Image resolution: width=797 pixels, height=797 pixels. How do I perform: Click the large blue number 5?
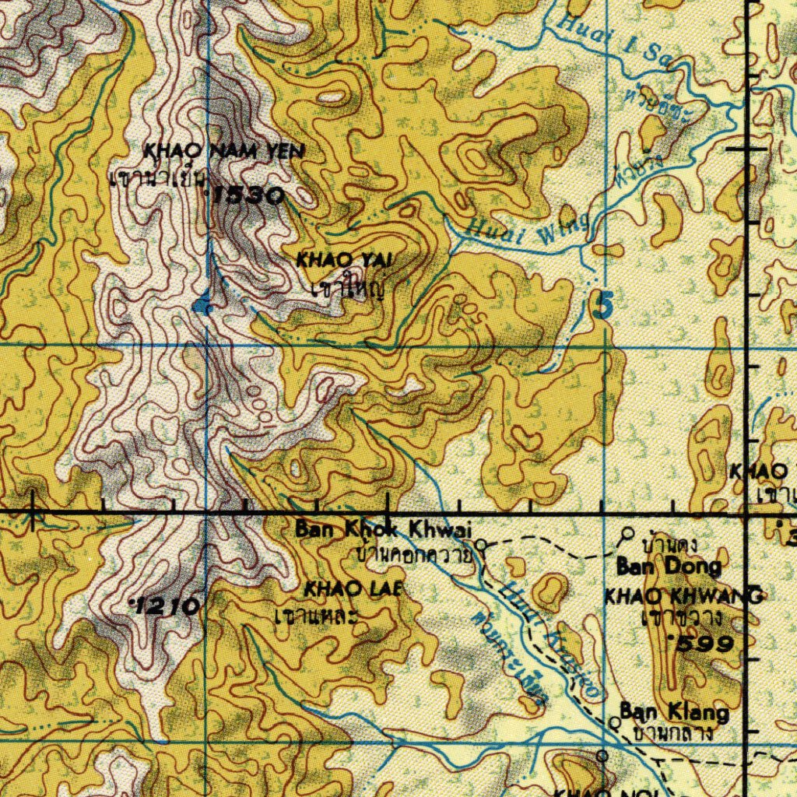(x=601, y=304)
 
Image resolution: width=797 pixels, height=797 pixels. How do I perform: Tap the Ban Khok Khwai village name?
(x=383, y=530)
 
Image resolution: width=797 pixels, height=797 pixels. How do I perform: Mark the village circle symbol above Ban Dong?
(x=628, y=533)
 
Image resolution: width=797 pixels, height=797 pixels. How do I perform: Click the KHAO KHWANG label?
(x=683, y=596)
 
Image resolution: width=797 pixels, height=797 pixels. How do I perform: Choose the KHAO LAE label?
(x=353, y=589)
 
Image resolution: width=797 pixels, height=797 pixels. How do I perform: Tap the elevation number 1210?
(x=167, y=606)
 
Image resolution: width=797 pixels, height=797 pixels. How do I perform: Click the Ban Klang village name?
(x=674, y=712)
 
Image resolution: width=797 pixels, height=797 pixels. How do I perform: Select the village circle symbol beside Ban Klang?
(x=614, y=722)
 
